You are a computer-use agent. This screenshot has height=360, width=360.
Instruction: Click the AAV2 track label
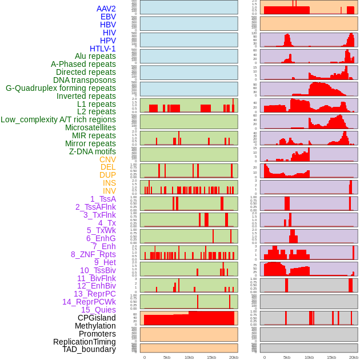(x=106, y=9)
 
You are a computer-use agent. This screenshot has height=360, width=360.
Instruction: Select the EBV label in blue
(x=108, y=17)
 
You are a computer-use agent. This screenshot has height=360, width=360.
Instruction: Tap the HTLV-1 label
(x=103, y=49)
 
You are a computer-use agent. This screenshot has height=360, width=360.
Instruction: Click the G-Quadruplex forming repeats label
(x=61, y=88)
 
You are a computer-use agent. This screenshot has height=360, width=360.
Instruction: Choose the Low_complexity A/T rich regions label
(x=58, y=119)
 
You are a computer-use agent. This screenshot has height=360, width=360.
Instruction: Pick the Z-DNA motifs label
(x=93, y=151)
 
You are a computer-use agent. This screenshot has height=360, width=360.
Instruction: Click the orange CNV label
(x=107, y=159)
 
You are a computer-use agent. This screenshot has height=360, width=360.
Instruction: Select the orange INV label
(x=109, y=191)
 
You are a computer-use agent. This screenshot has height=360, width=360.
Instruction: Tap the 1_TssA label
(x=103, y=199)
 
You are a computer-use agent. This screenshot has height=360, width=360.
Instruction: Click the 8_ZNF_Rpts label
(x=93, y=254)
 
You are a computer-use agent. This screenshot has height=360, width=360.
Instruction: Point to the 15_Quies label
(x=98, y=310)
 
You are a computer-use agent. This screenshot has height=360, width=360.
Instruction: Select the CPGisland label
(x=97, y=318)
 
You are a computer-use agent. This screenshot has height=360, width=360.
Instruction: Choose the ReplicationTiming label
(x=84, y=342)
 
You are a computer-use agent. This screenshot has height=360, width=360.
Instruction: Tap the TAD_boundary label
(x=89, y=349)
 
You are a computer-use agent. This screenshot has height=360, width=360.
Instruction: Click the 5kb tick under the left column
(x=167, y=357)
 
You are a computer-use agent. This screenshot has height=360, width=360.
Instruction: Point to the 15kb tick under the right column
(x=331, y=357)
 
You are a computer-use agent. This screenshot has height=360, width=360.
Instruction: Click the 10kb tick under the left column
(x=189, y=357)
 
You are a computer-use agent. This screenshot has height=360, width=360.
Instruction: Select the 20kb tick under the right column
(x=354, y=357)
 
